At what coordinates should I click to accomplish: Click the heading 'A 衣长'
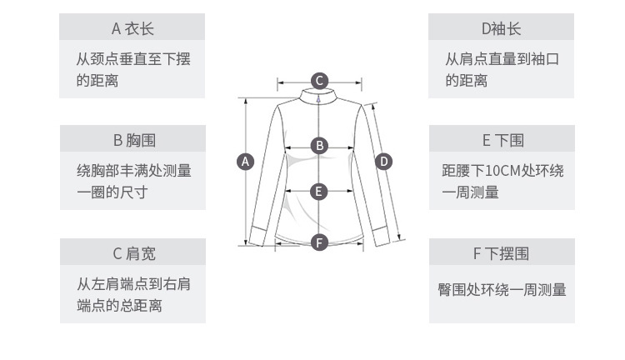132,28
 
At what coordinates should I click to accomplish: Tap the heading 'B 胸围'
132,139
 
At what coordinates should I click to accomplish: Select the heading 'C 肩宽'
132,252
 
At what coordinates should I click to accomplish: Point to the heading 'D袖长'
501,28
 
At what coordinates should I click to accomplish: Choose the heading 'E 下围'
502,139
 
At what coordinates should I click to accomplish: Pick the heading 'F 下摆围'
502,252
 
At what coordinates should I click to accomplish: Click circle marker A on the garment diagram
246,162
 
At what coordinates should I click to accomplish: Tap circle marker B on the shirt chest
319,146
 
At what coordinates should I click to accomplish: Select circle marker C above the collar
319,81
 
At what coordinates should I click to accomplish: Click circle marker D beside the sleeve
383,161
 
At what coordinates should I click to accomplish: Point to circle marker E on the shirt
319,192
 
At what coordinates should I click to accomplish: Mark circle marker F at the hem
319,242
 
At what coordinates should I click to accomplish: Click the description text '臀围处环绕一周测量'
502,290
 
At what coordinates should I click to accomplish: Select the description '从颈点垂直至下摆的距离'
132,70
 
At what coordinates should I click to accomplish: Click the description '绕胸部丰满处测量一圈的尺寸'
132,182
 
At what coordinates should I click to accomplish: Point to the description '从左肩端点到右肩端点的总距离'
132,294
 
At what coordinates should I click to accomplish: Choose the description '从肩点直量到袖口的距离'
501,70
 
